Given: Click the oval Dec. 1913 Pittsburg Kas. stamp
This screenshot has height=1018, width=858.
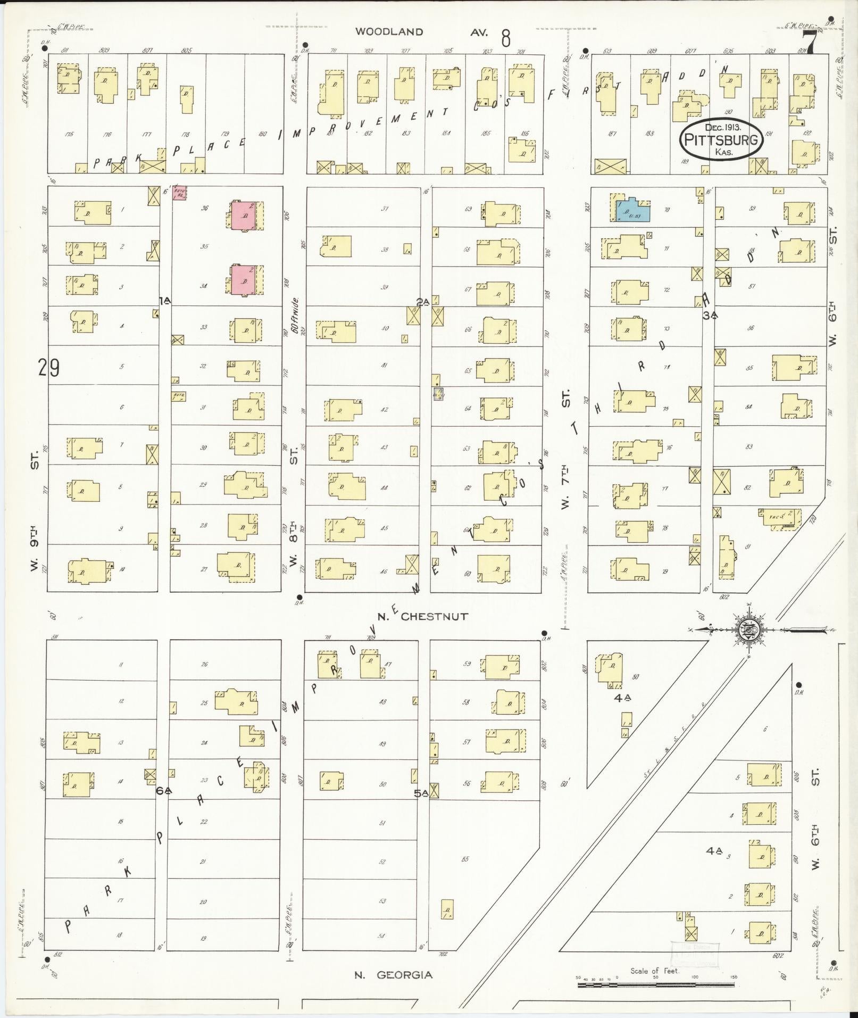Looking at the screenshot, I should point(722,139).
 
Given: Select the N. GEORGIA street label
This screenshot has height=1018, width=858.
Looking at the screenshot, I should point(394,975).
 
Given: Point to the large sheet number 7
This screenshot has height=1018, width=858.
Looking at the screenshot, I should point(809,43).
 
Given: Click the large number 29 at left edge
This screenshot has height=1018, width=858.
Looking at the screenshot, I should point(48,368).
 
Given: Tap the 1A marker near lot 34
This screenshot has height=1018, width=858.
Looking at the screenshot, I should point(164,301).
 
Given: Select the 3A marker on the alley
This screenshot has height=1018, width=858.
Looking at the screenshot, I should point(710,315).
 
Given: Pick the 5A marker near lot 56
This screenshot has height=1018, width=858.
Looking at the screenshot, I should point(421,793).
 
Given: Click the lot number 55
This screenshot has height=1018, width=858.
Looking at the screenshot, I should point(466,859).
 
